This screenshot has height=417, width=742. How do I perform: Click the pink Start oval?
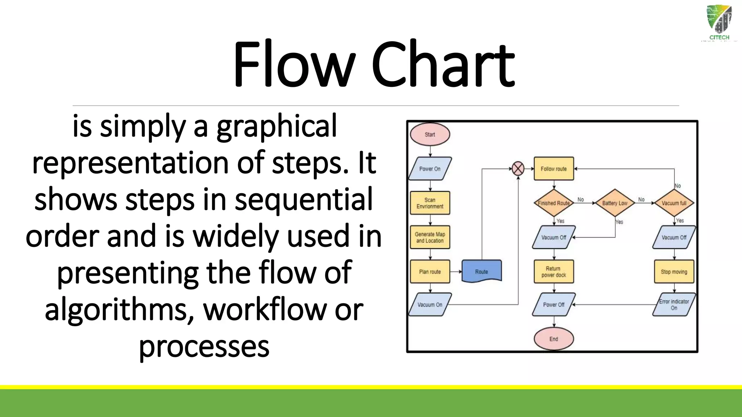(430, 134)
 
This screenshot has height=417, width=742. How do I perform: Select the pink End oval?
(554, 339)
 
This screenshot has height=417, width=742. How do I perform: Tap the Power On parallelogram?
(430, 169)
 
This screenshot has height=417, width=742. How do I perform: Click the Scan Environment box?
(430, 203)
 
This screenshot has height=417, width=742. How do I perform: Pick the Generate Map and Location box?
(430, 237)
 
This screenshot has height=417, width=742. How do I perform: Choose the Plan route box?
(430, 271)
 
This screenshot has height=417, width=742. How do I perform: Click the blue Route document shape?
(482, 271)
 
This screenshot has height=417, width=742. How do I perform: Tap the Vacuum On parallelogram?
(430, 305)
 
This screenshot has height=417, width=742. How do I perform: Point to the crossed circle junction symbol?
(518, 169)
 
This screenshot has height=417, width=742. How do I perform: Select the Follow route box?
(554, 169)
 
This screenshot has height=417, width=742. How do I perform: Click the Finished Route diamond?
(554, 203)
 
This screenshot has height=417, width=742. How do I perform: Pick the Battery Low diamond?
(615, 203)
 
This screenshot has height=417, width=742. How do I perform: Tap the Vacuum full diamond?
(674, 203)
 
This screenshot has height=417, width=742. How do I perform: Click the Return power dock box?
(554, 271)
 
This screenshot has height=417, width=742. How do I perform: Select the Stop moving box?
(674, 271)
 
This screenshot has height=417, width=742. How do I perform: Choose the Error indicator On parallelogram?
(674, 305)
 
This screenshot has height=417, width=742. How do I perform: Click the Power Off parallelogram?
(554, 305)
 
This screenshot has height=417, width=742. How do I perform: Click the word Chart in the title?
(442, 65)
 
